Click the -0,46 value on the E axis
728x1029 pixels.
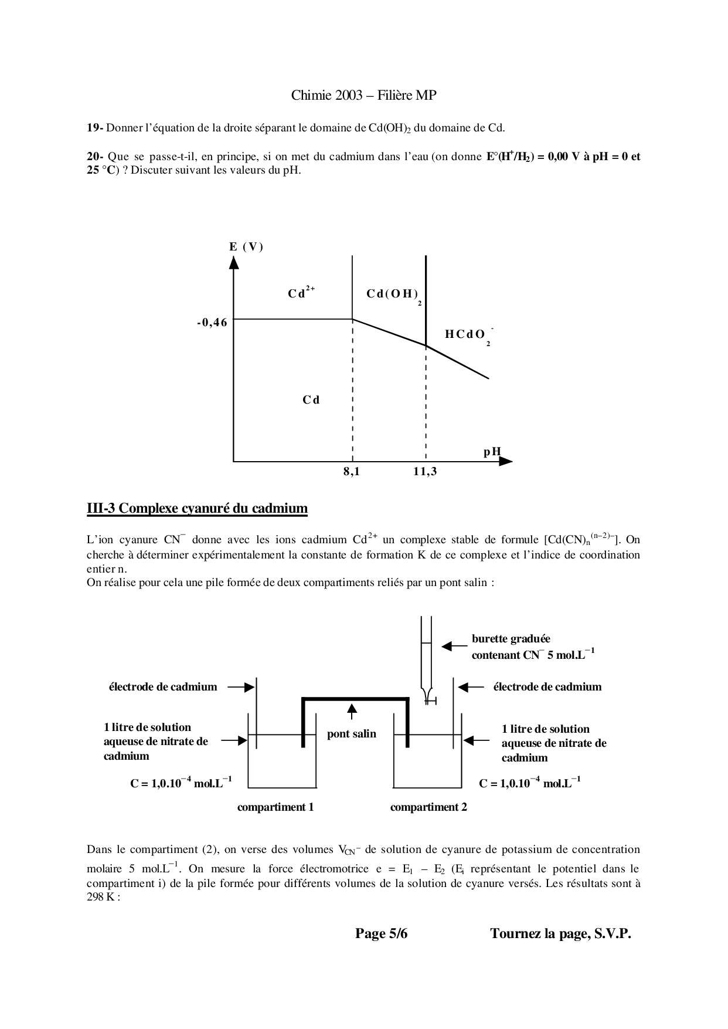[x=212, y=322]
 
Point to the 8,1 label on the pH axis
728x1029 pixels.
[x=352, y=471]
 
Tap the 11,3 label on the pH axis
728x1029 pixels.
[x=425, y=471]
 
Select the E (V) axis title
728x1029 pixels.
[x=246, y=246]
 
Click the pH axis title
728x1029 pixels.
[x=492, y=452]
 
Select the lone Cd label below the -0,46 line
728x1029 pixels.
[x=311, y=400]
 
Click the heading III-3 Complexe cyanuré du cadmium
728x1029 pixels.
[x=197, y=508]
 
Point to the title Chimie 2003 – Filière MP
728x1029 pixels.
[x=363, y=95]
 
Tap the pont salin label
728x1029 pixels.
[x=352, y=734]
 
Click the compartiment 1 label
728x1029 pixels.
[x=275, y=807]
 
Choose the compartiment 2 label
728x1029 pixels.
[x=428, y=807]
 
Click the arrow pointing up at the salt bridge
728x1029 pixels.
[x=352, y=711]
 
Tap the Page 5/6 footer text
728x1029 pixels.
[x=381, y=934]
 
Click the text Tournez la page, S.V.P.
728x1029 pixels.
[x=560, y=934]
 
